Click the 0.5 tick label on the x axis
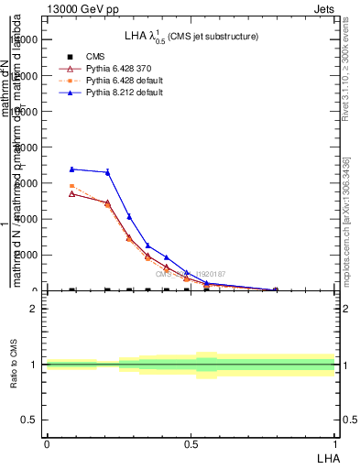[191, 443]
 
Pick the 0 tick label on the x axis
[47, 443]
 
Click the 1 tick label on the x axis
[334, 443]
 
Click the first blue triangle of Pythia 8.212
[72, 169]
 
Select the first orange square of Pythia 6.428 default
[72, 186]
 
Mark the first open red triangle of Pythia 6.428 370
[72, 194]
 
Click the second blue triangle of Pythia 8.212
[108, 172]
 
